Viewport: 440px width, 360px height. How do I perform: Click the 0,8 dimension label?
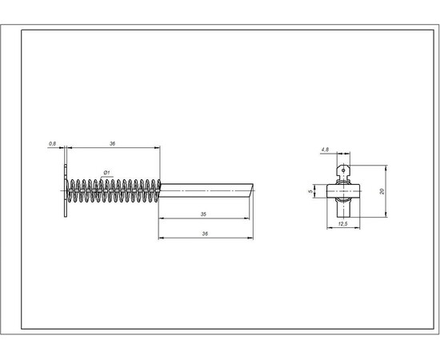[53, 144]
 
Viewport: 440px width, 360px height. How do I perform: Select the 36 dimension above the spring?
[112, 144]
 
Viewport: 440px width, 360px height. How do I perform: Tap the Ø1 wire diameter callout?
[106, 173]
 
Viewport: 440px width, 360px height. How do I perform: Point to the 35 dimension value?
[203, 214]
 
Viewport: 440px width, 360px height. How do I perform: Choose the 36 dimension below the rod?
[205, 234]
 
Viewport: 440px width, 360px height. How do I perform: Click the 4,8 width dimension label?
[325, 150]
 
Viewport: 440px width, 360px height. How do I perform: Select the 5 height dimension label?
[310, 191]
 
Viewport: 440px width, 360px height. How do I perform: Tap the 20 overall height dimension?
[382, 191]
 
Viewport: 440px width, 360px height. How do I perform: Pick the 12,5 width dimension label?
[343, 224]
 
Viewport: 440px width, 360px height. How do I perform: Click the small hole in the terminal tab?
[343, 170]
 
